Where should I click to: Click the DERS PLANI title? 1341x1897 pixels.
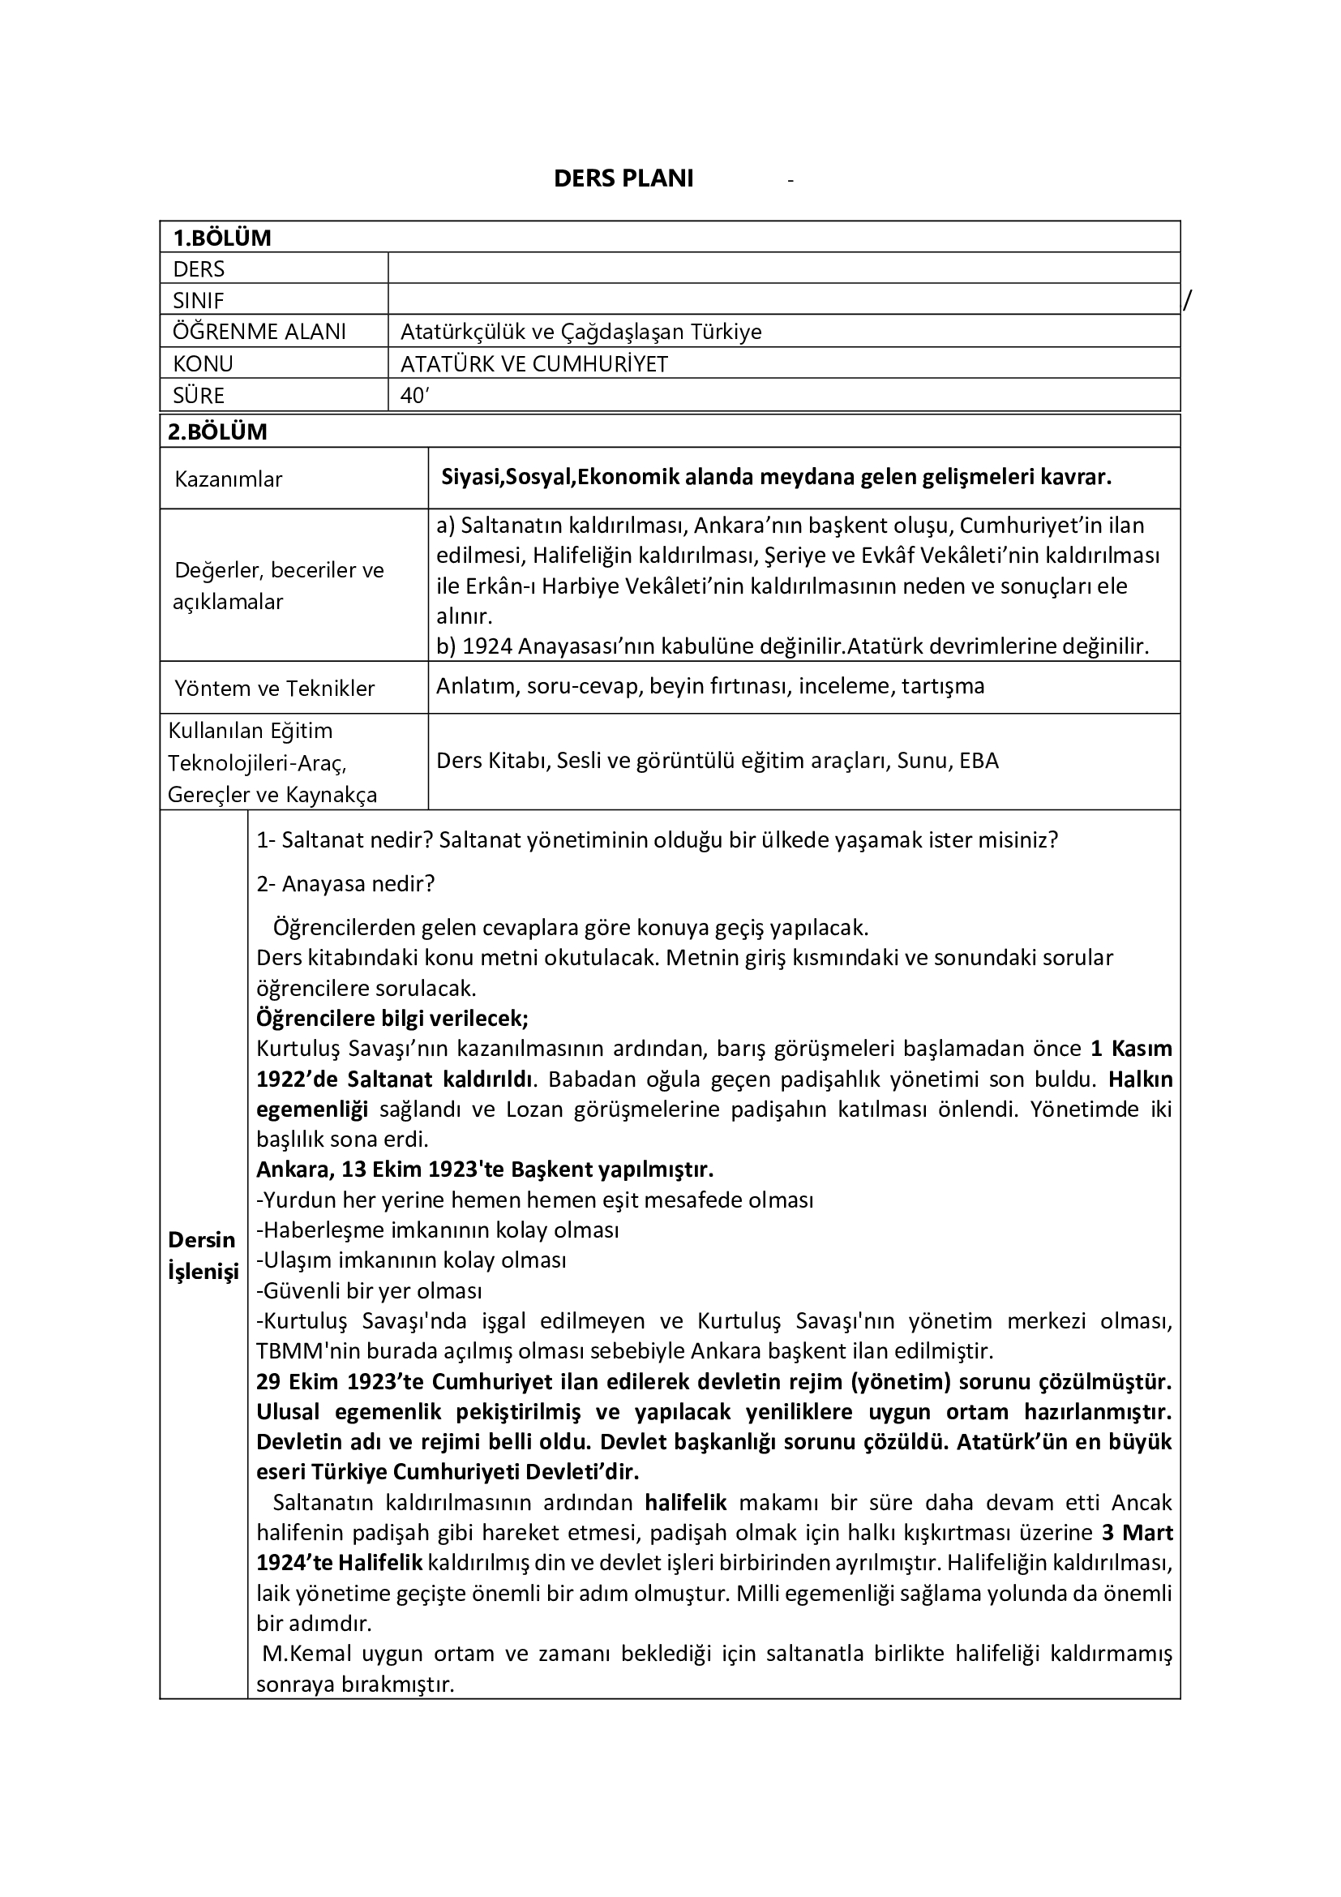(x=623, y=178)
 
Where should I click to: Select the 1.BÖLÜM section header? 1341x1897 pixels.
(x=221, y=238)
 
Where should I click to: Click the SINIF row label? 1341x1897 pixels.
(x=198, y=300)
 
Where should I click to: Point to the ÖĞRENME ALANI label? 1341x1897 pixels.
(x=259, y=332)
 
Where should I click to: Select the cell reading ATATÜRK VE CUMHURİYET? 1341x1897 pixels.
(x=533, y=363)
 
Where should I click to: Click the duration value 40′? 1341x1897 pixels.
(x=413, y=396)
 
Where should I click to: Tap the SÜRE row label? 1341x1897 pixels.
(x=198, y=396)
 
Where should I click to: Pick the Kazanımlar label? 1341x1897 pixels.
(x=229, y=479)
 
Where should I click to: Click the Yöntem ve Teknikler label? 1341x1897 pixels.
(x=274, y=689)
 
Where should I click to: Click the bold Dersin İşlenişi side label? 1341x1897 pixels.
(x=203, y=1255)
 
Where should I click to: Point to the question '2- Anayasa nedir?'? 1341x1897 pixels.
(x=345, y=884)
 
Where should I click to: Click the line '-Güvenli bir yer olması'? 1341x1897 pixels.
(x=369, y=1290)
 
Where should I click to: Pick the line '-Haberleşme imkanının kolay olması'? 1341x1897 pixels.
(x=438, y=1230)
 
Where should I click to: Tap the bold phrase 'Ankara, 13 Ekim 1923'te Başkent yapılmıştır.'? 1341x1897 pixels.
(x=485, y=1170)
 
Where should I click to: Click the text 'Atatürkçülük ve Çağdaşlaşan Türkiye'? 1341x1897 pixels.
(x=581, y=332)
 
